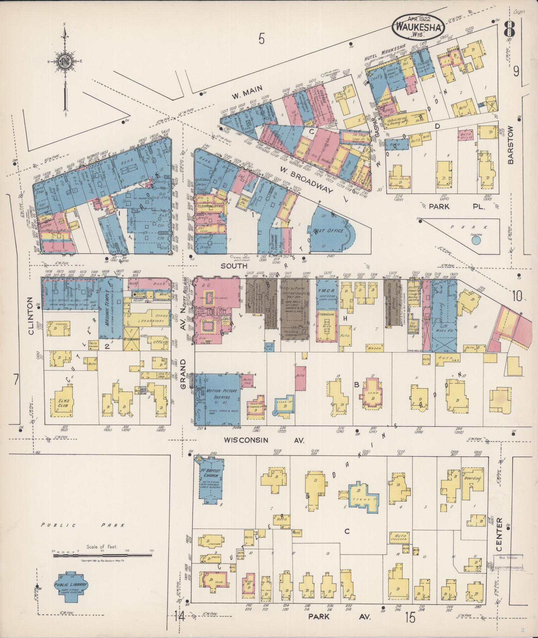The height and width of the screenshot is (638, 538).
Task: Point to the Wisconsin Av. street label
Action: [x=264, y=440]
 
